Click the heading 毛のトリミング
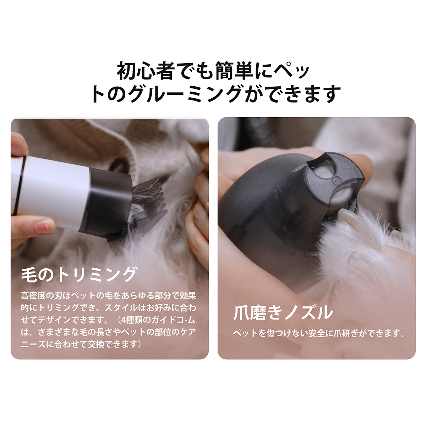(x=78, y=275)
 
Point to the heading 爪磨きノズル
(x=283, y=313)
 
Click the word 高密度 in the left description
(x=34, y=296)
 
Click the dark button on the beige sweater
(x=119, y=164)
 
